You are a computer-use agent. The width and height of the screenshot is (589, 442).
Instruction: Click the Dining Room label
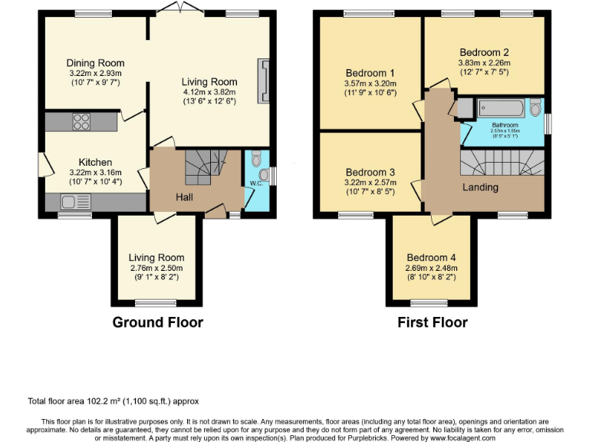click(95, 63)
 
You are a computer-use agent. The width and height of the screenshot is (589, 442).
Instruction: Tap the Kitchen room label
click(96, 162)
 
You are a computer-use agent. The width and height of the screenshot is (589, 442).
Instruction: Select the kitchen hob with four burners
click(81, 120)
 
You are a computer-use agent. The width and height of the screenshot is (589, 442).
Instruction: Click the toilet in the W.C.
click(255, 160)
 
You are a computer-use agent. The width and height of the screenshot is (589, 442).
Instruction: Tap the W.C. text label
click(256, 183)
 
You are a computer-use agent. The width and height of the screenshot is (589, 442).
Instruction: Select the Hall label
click(184, 197)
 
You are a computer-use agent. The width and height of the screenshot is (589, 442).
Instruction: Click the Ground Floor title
click(157, 322)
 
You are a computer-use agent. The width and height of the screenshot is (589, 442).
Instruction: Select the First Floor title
click(432, 322)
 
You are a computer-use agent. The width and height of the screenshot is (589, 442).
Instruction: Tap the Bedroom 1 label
click(370, 74)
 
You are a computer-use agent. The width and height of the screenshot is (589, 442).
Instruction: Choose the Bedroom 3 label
click(370, 172)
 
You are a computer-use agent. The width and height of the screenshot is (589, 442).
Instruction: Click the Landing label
click(480, 187)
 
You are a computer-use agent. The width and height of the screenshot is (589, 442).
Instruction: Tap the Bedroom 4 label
click(431, 257)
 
